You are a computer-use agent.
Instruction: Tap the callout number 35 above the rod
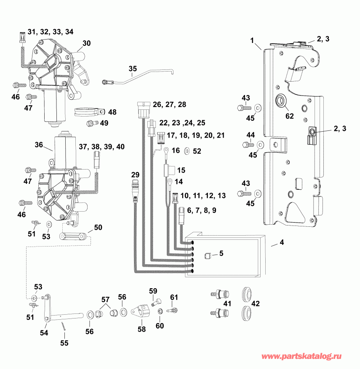[x=133, y=68]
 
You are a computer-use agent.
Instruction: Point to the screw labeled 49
[x=90, y=123]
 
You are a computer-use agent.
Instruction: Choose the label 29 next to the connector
[x=135, y=175]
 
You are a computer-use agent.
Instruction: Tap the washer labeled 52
[x=187, y=150]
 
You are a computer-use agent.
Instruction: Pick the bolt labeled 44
[x=246, y=145]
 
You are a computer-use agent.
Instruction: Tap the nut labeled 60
[x=160, y=311]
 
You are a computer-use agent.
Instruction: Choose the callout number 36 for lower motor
[x=39, y=144]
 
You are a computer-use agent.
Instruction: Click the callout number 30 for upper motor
[x=86, y=43]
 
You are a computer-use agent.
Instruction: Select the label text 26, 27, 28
[x=170, y=104]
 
